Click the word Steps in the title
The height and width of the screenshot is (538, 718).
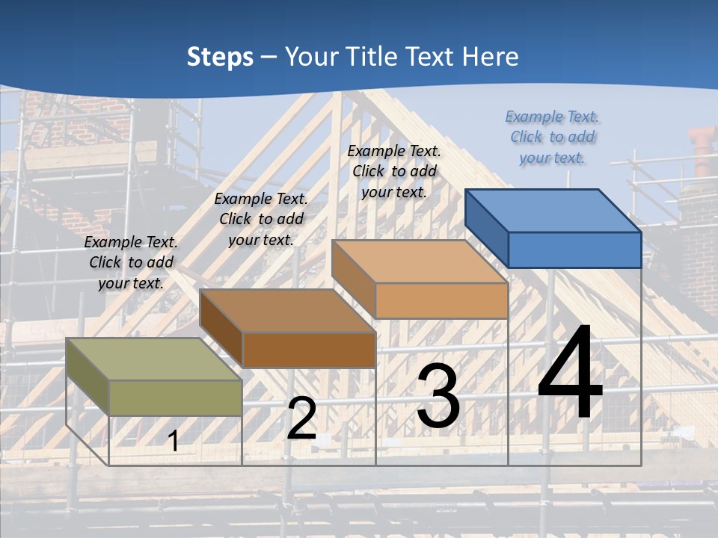(220, 57)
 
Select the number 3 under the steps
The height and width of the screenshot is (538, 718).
(438, 395)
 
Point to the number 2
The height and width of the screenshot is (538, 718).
(301, 418)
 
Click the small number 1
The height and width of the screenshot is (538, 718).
(173, 441)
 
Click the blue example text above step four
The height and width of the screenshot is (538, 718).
(553, 137)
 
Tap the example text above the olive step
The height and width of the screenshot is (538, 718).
(131, 262)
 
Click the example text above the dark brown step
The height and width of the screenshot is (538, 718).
(261, 219)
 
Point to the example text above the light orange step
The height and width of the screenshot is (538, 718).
(394, 171)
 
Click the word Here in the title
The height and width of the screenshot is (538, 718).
(491, 57)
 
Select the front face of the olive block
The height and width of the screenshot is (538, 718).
(175, 398)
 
